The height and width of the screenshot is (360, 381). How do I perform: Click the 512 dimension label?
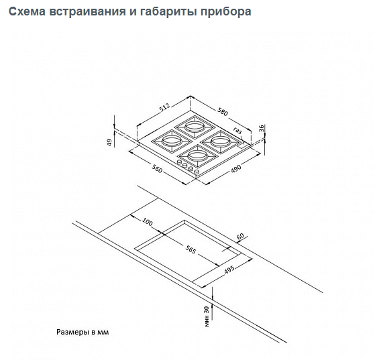click(166, 108)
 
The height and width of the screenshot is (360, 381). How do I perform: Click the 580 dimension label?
click(223, 112)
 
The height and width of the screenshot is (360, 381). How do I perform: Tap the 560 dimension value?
click(157, 168)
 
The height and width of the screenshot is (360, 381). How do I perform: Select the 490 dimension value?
click(235, 168)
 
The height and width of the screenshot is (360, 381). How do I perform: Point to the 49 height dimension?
click(109, 142)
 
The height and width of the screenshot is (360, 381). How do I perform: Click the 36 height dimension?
click(262, 128)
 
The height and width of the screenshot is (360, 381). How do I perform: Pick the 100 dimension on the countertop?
click(148, 222)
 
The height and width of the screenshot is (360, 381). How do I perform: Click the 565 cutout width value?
click(190, 249)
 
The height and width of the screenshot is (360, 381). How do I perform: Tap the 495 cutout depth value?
click(229, 269)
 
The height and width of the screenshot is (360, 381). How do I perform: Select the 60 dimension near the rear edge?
click(240, 237)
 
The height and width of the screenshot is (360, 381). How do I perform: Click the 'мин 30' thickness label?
click(207, 316)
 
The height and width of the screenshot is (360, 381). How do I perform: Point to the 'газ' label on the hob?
click(237, 131)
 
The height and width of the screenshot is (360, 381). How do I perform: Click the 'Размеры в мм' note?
click(83, 332)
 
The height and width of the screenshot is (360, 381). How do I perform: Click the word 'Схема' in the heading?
click(27, 11)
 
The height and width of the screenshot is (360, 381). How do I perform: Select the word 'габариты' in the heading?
click(168, 11)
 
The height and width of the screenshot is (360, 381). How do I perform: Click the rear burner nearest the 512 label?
click(195, 127)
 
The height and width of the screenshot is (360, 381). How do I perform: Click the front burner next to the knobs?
click(197, 156)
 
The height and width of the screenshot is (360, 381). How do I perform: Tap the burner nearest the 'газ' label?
click(221, 142)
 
